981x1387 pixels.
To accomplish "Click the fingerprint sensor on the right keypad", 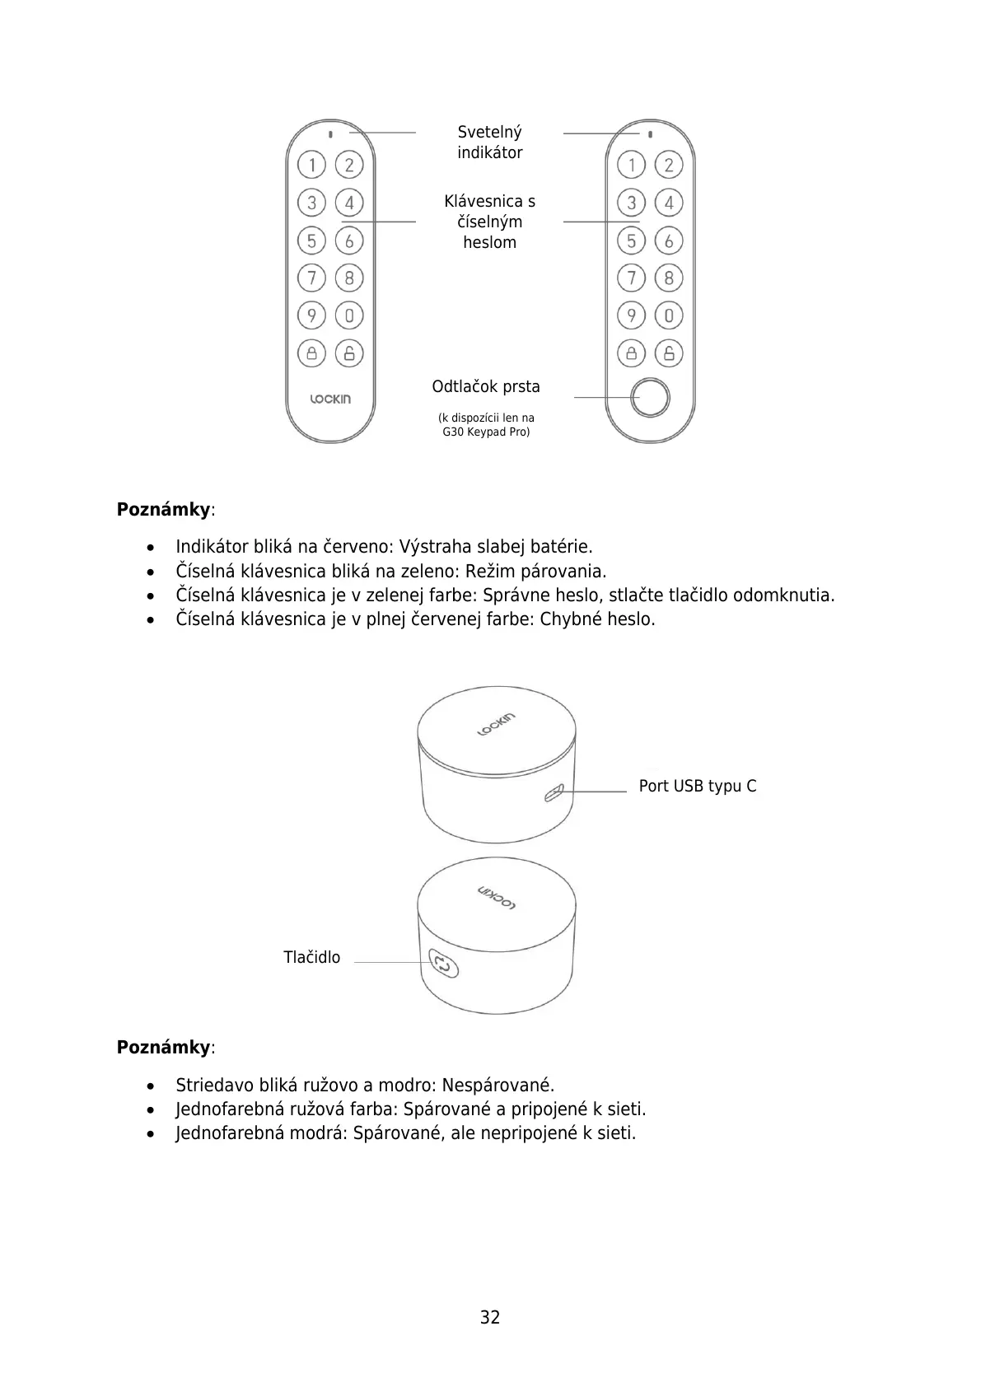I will pos(650,398).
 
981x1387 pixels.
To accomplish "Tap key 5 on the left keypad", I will pos(311,241).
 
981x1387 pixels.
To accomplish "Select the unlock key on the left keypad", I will pos(349,353).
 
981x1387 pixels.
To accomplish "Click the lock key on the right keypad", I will pos(631,353).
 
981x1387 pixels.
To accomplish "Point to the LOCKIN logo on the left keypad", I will pos(330,399).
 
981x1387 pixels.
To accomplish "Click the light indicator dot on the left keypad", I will pos(330,133).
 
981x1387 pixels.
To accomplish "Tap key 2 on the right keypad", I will pos(669,165).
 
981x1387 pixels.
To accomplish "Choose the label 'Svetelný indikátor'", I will pos(489,142).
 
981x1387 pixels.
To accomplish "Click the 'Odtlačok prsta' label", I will pos(486,387).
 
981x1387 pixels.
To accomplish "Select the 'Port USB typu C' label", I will pos(697,786).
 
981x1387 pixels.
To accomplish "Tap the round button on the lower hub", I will pos(442,963).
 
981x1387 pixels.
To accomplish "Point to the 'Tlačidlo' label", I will pos(311,957).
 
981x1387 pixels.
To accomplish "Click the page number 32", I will pos(490,1317).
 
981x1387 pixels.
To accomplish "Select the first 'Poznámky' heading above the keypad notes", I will pos(164,509).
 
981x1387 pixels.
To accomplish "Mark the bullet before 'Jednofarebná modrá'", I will pos(150,1133).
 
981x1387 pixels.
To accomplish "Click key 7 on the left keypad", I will pos(311,278).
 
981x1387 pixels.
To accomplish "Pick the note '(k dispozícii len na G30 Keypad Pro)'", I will pos(486,425).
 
